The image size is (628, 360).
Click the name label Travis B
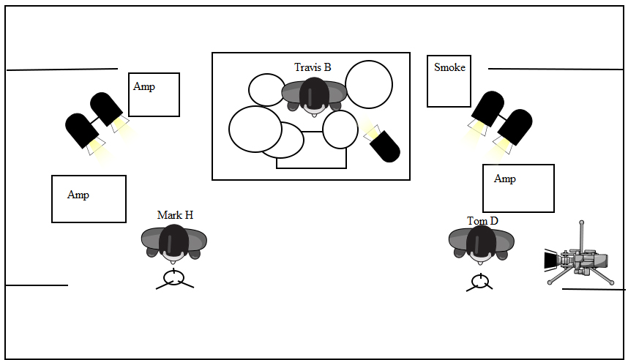[313, 67]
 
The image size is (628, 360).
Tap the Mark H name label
[175, 215]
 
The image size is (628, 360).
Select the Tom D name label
[482, 221]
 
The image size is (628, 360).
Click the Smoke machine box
[449, 80]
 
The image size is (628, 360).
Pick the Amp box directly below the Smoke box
[518, 188]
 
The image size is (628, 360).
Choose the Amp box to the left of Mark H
[89, 199]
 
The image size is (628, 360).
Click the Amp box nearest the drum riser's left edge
[154, 94]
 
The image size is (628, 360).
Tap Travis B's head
[314, 94]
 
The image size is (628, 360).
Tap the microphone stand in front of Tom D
[479, 282]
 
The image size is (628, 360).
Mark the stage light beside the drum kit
[383, 143]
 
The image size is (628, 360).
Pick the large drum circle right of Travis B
[369, 84]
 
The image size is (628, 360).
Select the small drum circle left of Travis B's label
[266, 90]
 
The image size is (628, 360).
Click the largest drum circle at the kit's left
[255, 129]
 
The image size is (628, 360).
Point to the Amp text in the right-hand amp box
[505, 179]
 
